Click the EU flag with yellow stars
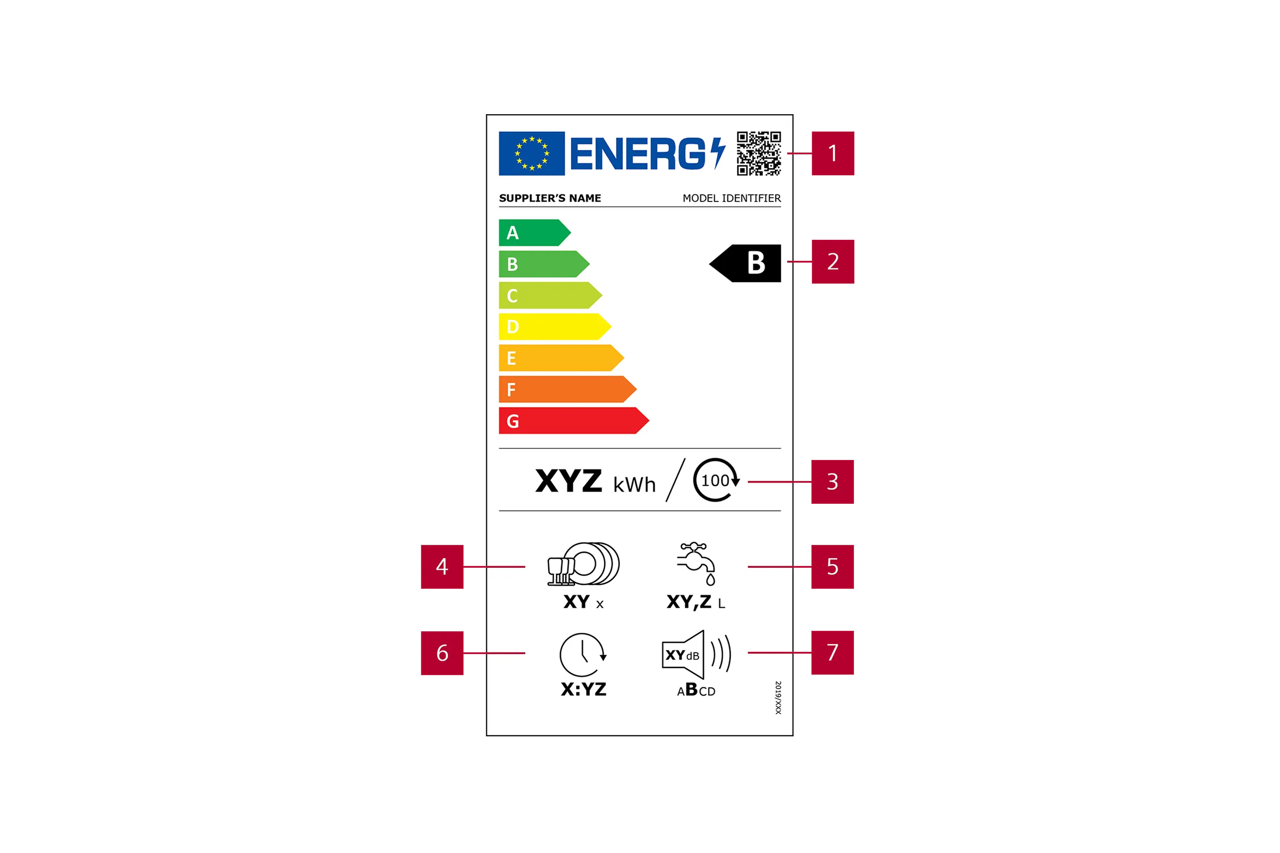point(532,154)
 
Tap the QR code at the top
point(758,154)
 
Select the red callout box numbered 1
point(833,154)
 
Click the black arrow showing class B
point(745,263)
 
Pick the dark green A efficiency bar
point(534,233)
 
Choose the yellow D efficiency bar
point(555,326)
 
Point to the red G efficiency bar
point(574,421)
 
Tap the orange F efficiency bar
point(567,389)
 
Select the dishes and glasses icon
point(583,564)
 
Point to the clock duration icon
point(583,655)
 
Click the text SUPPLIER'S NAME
point(550,198)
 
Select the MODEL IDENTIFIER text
point(731,198)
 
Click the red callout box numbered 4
point(442,567)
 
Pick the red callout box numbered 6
point(442,653)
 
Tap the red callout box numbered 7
point(833,653)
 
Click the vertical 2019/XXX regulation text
point(778,697)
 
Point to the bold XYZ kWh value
point(596,481)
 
